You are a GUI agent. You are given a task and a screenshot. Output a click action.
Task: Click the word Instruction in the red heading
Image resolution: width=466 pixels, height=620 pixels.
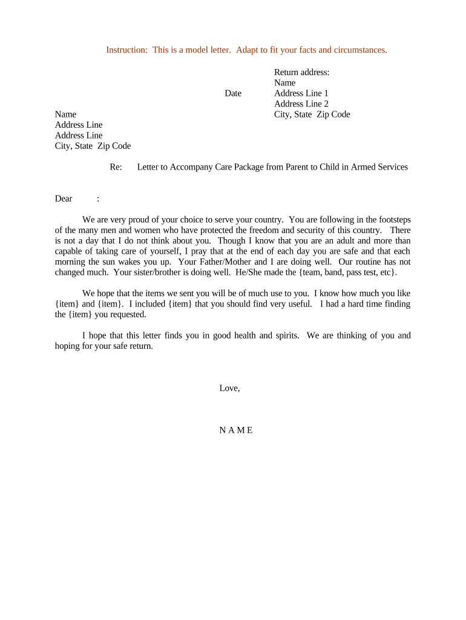click(x=126, y=50)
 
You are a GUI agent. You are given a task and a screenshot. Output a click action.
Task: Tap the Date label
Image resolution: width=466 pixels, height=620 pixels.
click(x=233, y=93)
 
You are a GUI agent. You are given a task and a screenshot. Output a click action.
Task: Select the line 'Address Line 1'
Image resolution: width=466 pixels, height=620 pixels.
click(x=301, y=93)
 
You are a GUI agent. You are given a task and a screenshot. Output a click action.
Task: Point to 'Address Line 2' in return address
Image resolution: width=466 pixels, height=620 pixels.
click(x=301, y=104)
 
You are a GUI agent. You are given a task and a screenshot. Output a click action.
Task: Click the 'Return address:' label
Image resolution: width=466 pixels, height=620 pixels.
click(x=302, y=72)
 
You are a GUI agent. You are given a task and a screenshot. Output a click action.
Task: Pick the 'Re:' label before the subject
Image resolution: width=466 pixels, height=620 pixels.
click(x=116, y=167)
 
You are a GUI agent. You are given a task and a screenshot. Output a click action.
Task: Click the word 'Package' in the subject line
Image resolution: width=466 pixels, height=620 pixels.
click(x=248, y=167)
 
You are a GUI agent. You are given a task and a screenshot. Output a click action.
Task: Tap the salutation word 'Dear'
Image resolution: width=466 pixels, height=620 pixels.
click(x=64, y=199)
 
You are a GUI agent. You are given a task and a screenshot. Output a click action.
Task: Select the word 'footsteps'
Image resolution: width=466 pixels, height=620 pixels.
click(x=392, y=219)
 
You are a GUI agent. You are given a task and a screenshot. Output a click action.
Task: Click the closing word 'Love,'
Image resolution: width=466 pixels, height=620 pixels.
click(x=229, y=388)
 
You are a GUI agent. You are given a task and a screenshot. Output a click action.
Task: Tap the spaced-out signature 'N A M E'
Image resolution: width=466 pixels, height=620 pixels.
click(x=236, y=430)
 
